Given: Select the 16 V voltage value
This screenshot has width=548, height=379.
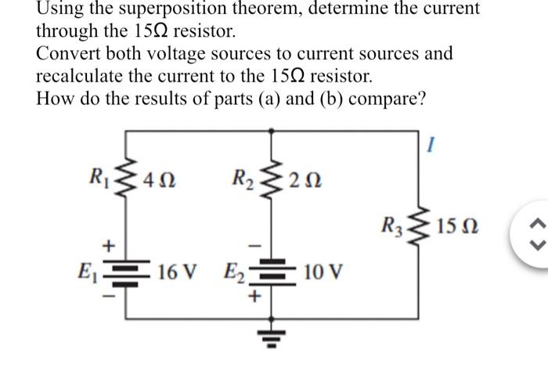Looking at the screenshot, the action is pos(175,273).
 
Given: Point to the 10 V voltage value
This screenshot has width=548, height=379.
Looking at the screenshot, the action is pos(322,273).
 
